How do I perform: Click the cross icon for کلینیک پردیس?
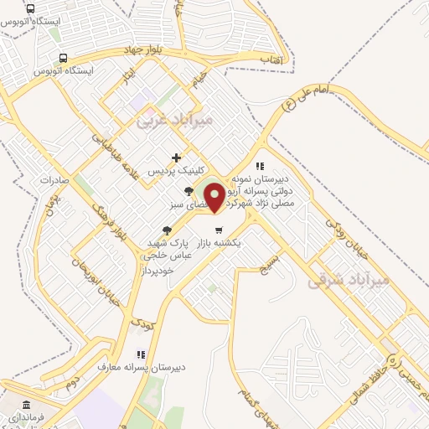click(176, 157)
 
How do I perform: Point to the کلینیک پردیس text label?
click(176, 170)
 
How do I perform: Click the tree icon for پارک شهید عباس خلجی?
click(167, 230)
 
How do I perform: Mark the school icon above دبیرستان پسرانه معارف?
click(142, 354)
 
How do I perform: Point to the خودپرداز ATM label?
click(157, 271)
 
